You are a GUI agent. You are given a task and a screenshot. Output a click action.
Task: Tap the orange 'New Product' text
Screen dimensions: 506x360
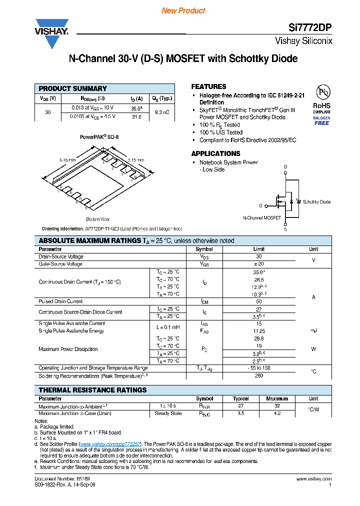183,10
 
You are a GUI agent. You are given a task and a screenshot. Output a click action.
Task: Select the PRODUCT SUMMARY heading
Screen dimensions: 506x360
73,88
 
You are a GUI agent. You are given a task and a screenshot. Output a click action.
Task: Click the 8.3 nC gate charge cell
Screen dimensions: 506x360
162,112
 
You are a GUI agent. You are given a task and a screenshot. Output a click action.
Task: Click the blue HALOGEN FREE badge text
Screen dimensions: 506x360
321,120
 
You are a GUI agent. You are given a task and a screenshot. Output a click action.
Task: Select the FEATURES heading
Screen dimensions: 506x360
208,86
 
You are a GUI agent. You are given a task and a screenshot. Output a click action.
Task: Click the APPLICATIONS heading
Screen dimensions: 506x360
215,153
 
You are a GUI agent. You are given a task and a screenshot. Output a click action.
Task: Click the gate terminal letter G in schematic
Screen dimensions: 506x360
260,205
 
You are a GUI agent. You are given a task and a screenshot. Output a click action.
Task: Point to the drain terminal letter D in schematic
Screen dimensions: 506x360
285,166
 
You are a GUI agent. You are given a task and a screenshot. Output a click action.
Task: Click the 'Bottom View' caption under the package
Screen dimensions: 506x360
98,219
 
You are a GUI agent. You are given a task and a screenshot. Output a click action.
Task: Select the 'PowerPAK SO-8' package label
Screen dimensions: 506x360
99,136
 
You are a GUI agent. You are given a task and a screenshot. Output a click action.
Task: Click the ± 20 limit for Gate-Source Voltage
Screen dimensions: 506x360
258,264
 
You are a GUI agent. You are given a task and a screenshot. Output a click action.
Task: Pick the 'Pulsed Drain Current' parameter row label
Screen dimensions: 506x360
60,301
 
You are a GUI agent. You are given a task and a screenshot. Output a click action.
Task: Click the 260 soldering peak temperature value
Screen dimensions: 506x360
258,375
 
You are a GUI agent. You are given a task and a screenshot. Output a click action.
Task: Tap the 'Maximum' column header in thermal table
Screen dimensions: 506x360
277,398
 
